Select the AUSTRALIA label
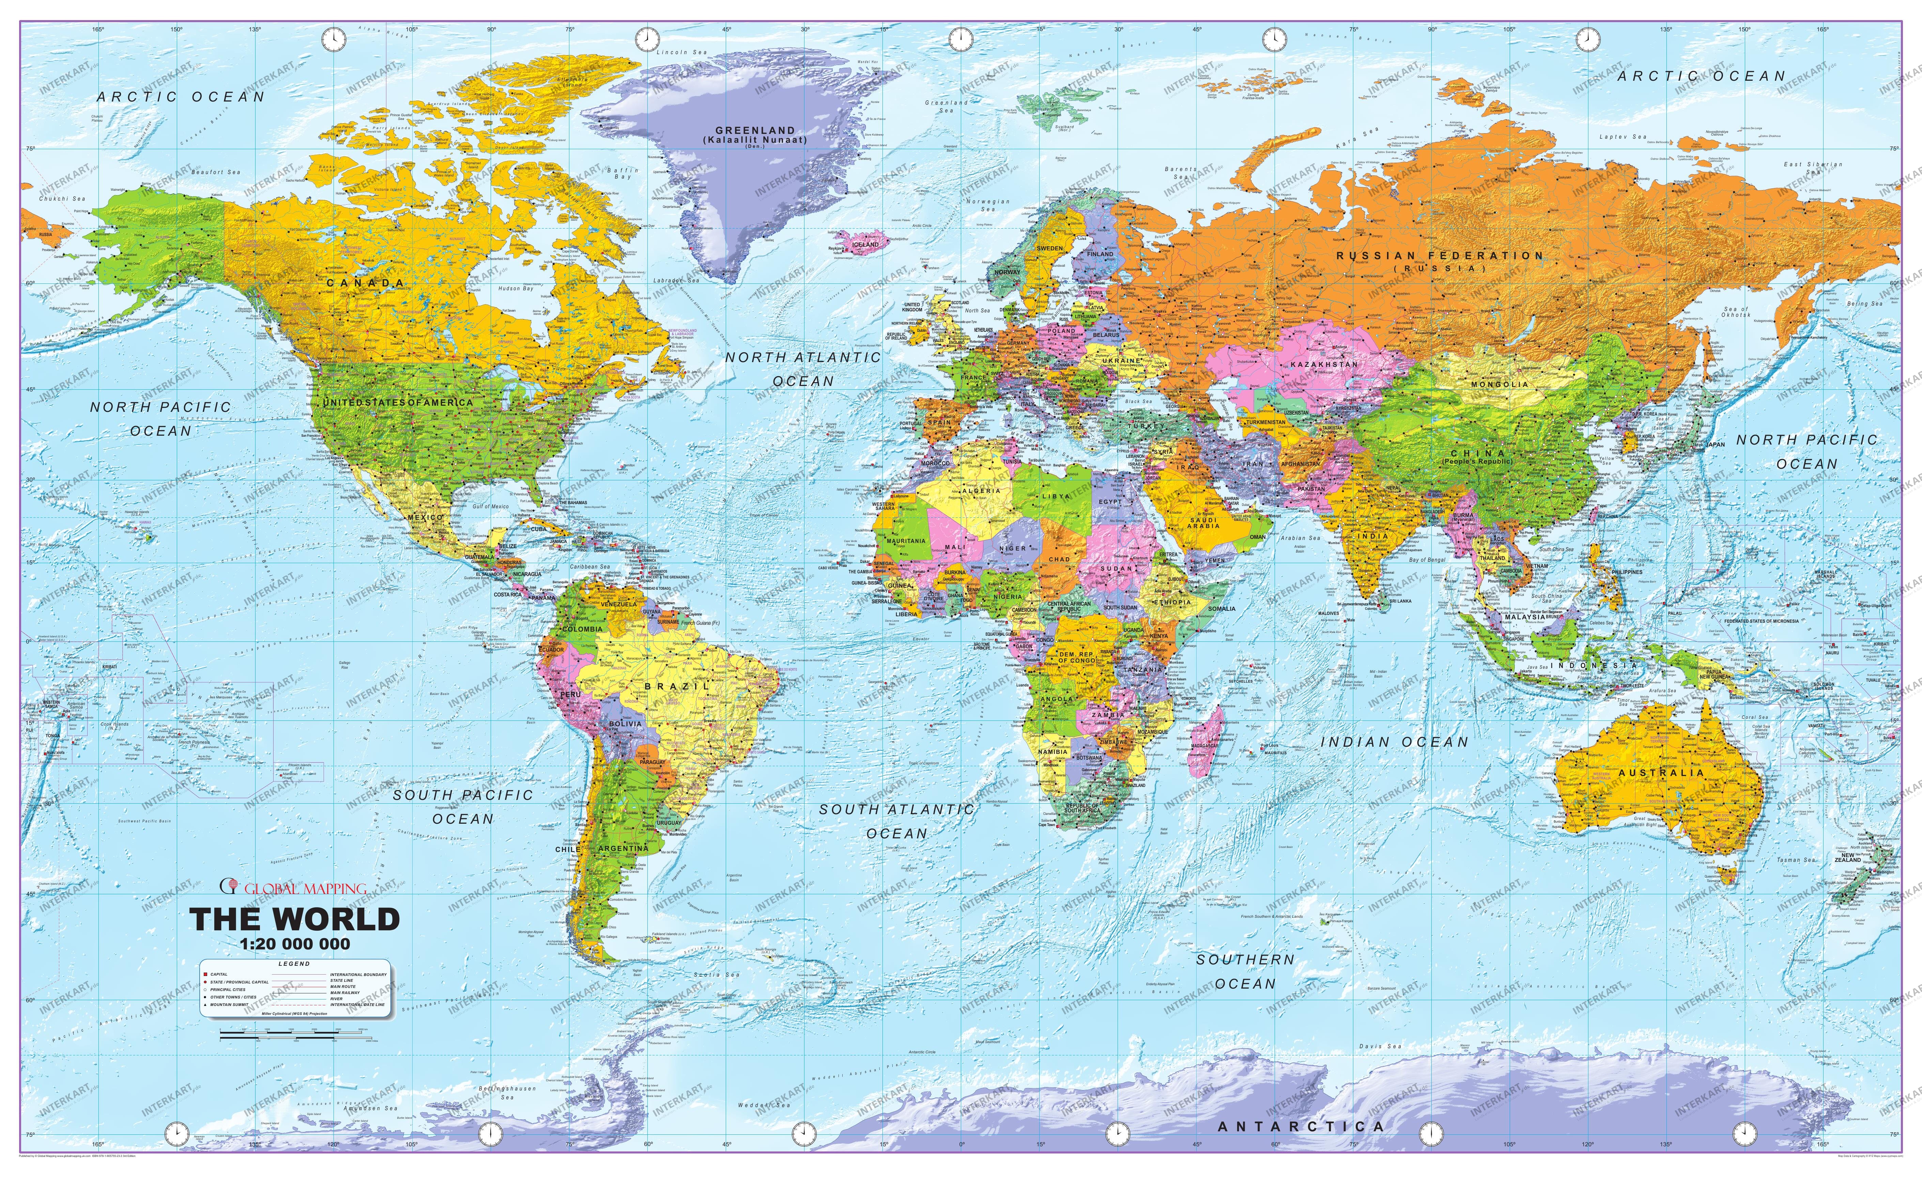(1661, 772)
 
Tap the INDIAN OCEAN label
(1394, 742)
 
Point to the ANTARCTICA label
(1301, 1127)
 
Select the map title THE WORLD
(295, 920)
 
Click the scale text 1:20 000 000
(295, 944)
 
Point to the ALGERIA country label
(981, 491)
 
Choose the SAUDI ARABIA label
(1203, 523)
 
